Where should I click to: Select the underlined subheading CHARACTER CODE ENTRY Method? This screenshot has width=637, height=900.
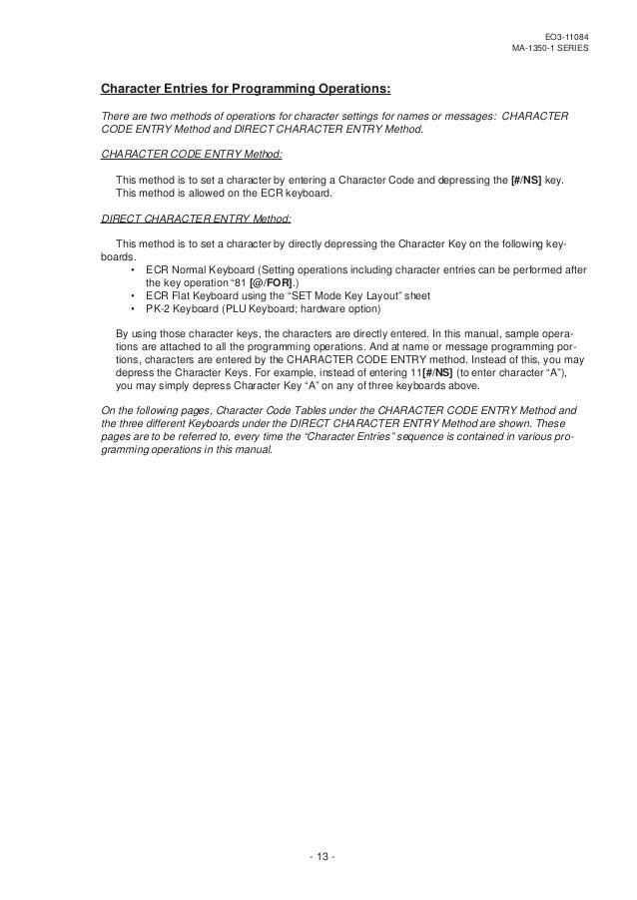193,155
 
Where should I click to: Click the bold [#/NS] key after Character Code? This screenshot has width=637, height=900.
520,180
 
